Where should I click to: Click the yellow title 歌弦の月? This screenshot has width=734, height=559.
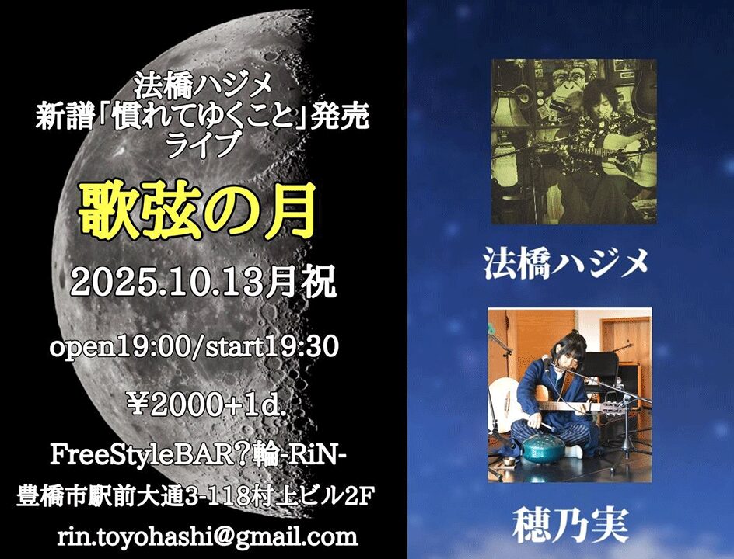click(x=196, y=212)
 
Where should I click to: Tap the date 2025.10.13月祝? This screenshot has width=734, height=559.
click(x=203, y=282)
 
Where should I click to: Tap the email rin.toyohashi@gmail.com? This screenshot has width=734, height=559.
click(x=208, y=536)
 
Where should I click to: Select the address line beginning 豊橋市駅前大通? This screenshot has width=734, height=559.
click(x=195, y=496)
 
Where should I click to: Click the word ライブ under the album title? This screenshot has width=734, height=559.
click(x=202, y=144)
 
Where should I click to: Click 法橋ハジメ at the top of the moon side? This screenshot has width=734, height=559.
click(x=202, y=86)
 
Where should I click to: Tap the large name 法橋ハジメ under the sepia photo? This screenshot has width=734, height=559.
click(x=565, y=263)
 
